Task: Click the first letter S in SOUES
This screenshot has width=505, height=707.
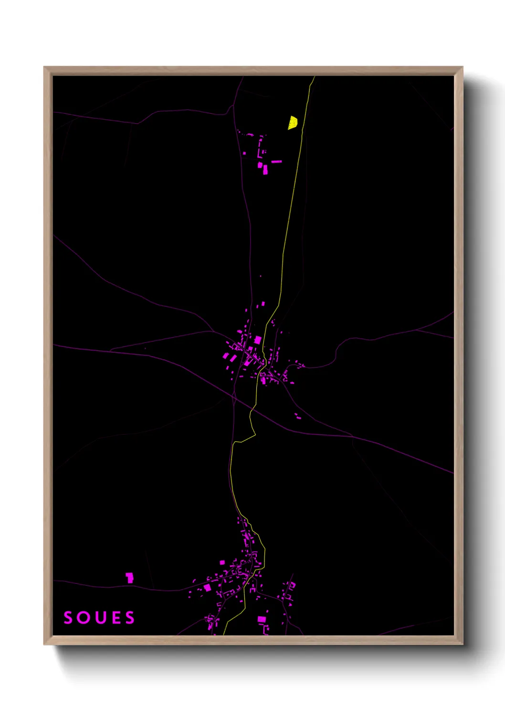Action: (x=68, y=618)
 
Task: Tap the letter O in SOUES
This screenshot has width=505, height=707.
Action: (x=83, y=618)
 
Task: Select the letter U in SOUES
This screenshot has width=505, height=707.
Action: (x=99, y=618)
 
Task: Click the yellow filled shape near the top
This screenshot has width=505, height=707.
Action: (x=293, y=123)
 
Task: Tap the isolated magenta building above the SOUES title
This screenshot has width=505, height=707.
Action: (x=129, y=578)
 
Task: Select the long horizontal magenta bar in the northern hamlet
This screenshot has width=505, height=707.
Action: (x=276, y=161)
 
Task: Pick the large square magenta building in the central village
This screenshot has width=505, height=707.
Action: (x=258, y=340)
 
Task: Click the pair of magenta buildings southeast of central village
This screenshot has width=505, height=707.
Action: (x=297, y=416)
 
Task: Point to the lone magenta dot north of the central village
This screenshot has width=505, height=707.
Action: (x=261, y=276)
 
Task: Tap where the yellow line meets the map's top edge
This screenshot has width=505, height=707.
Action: (x=315, y=77)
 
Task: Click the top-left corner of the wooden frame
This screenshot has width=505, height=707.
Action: (x=44, y=67)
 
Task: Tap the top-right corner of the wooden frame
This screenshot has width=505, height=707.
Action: (x=462, y=67)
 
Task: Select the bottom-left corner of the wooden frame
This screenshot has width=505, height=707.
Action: (x=44, y=644)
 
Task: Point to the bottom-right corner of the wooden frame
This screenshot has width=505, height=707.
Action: (x=462, y=644)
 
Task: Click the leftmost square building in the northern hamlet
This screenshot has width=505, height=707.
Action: (x=245, y=153)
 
